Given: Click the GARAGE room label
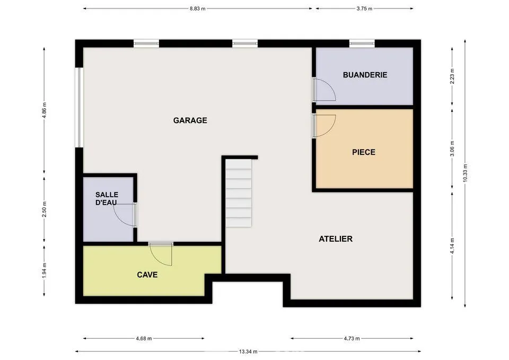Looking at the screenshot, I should (190, 120).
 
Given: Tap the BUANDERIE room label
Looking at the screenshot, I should (365, 75).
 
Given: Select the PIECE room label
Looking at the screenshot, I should (364, 152).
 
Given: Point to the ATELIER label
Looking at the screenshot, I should (336, 239).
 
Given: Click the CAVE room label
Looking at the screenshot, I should (147, 275).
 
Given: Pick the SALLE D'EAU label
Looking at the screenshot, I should (107, 199).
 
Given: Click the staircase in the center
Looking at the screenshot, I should (239, 194).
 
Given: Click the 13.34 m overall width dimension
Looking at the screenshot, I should (248, 351).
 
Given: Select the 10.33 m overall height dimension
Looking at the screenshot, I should (465, 172).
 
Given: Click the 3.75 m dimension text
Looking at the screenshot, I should (365, 8).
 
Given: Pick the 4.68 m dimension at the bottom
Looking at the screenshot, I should (144, 338).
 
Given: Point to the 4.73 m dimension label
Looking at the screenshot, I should (352, 338).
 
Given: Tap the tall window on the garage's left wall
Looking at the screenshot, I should (79, 108).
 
